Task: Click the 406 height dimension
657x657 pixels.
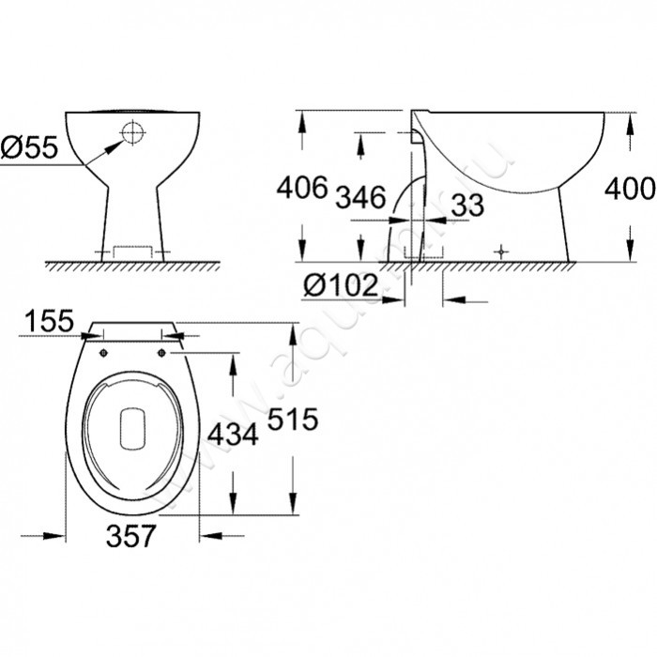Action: coord(302,189)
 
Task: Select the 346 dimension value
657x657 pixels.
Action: coord(360,197)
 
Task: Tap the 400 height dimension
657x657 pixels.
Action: coord(629,189)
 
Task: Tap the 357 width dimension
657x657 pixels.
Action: coord(129,537)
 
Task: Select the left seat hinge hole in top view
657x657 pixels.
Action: coord(100,353)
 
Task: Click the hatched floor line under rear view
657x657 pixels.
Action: coord(131,266)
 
